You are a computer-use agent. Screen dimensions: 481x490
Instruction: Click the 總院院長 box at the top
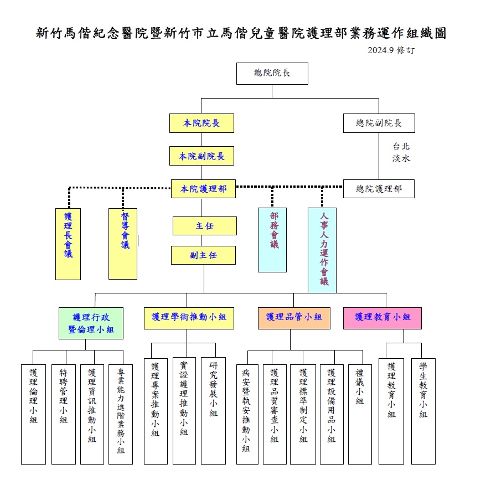click(x=272, y=74)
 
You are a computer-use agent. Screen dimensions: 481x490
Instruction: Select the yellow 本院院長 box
click(x=201, y=123)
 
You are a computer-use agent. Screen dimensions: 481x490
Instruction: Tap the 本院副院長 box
click(x=201, y=156)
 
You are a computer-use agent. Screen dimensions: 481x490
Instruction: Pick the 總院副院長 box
click(x=379, y=123)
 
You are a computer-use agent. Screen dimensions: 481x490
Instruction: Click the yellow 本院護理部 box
click(x=203, y=189)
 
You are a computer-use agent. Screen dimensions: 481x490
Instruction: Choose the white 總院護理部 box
click(x=379, y=189)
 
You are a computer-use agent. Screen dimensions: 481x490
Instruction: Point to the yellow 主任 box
click(x=205, y=226)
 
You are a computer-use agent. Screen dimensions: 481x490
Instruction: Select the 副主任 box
click(x=203, y=255)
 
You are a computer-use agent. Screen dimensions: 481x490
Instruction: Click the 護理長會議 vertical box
click(x=68, y=244)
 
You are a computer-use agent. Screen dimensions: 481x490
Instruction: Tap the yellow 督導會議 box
click(x=123, y=244)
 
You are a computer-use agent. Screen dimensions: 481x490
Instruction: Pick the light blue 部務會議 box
click(x=272, y=240)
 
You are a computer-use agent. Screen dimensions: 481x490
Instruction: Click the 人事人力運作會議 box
click(x=322, y=250)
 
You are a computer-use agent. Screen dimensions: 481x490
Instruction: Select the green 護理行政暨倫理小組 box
click(x=91, y=323)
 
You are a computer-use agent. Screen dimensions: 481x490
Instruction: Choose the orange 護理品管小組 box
click(x=294, y=318)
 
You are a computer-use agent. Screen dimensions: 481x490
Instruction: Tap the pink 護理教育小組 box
click(x=382, y=318)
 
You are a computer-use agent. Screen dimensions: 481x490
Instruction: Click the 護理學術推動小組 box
click(x=189, y=318)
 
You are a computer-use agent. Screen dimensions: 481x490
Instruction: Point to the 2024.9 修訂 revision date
click(x=391, y=50)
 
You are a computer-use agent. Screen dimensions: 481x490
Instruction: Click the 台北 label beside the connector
click(x=401, y=146)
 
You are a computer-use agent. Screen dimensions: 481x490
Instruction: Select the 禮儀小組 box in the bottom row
click(x=360, y=414)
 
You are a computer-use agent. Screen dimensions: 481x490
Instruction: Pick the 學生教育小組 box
click(x=423, y=411)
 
